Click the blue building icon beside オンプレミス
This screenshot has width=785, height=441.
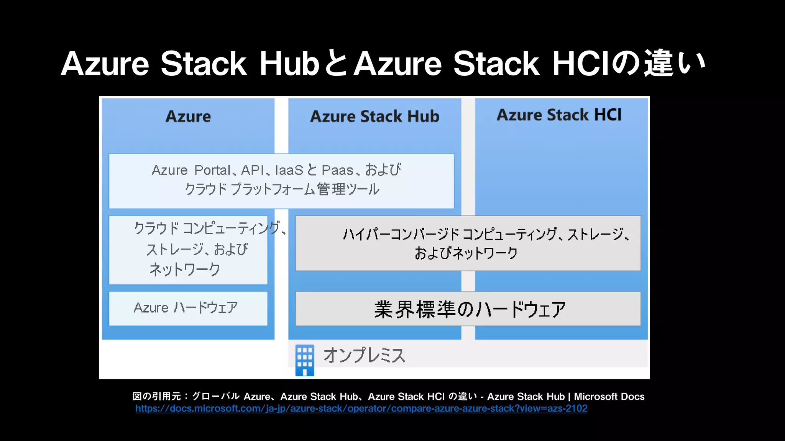click(x=305, y=360)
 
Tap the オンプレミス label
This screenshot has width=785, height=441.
click(x=364, y=356)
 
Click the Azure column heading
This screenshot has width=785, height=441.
click(x=188, y=116)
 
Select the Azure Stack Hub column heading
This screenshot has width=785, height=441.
click(x=374, y=116)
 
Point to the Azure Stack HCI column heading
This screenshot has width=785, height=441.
click(x=559, y=115)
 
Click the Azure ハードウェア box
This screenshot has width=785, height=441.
click(x=188, y=308)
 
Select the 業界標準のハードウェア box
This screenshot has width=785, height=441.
click(x=468, y=309)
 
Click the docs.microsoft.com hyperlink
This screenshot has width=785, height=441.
click(x=361, y=408)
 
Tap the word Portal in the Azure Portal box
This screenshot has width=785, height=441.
click(x=212, y=170)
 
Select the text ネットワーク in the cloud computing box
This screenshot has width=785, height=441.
click(x=185, y=269)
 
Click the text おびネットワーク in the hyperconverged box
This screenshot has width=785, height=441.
click(x=466, y=253)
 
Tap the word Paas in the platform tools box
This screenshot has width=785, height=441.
click(x=337, y=170)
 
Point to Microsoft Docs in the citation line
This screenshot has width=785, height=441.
click(x=609, y=397)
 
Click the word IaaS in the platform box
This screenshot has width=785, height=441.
click(x=289, y=170)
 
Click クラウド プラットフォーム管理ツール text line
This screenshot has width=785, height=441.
click(x=282, y=189)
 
